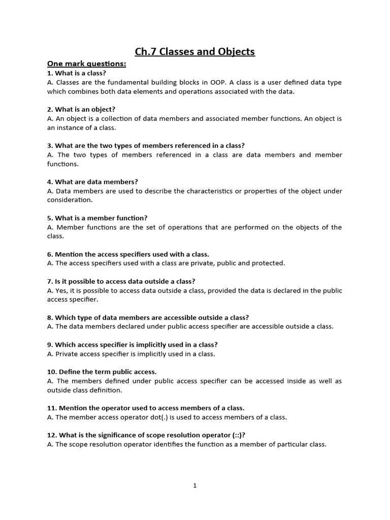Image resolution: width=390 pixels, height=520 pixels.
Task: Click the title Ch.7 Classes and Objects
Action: pyautogui.click(x=194, y=52)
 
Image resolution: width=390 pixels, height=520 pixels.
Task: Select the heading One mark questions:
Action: pyautogui.click(x=86, y=64)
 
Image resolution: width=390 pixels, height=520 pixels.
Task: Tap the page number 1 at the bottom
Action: pyautogui.click(x=194, y=485)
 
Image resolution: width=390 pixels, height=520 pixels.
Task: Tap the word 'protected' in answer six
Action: pyautogui.click(x=269, y=263)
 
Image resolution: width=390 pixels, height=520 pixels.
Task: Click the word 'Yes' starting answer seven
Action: pyautogui.click(x=61, y=290)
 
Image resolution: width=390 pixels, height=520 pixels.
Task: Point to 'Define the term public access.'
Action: pyautogui.click(x=102, y=372)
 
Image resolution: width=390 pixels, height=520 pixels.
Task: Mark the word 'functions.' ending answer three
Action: pyautogui.click(x=63, y=164)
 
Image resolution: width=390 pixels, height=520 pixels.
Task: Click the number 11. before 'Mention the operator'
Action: pyautogui.click(x=52, y=408)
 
